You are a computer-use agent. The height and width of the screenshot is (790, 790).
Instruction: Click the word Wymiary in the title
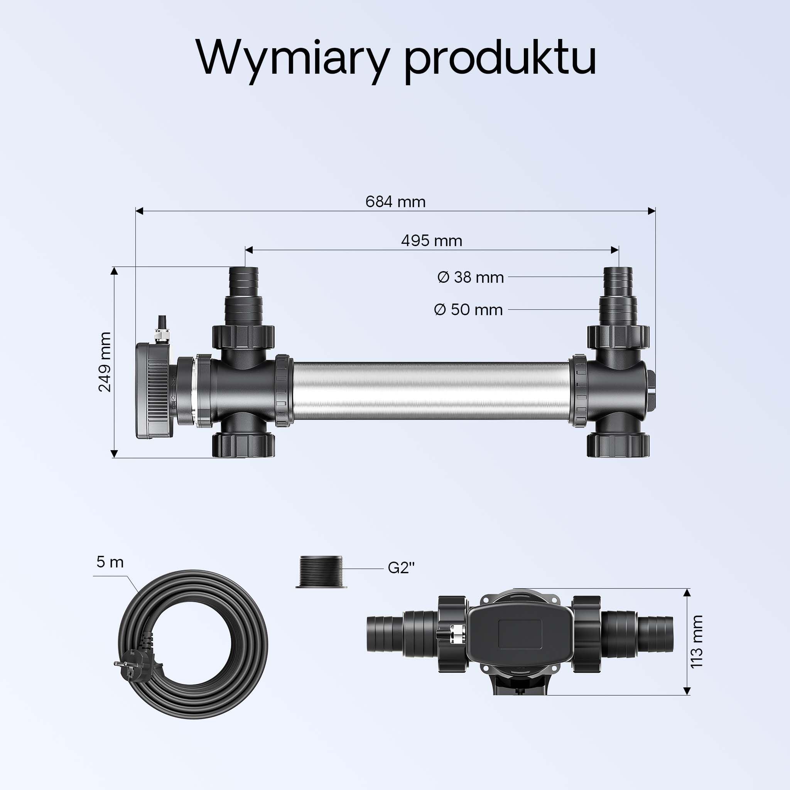(292, 58)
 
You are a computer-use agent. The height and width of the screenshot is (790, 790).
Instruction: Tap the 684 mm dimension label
(395, 202)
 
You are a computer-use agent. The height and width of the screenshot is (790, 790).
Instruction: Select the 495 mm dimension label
(432, 240)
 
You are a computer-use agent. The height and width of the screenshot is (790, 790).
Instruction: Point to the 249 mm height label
(105, 362)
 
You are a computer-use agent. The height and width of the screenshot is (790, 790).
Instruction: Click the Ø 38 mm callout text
(470, 277)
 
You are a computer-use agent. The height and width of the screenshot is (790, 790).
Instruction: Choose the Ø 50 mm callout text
(468, 309)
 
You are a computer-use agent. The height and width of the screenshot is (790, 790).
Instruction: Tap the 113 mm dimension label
(696, 641)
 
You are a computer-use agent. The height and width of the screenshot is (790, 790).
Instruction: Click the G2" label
(401, 568)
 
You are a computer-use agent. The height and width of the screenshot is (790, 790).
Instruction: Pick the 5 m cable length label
(110, 562)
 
